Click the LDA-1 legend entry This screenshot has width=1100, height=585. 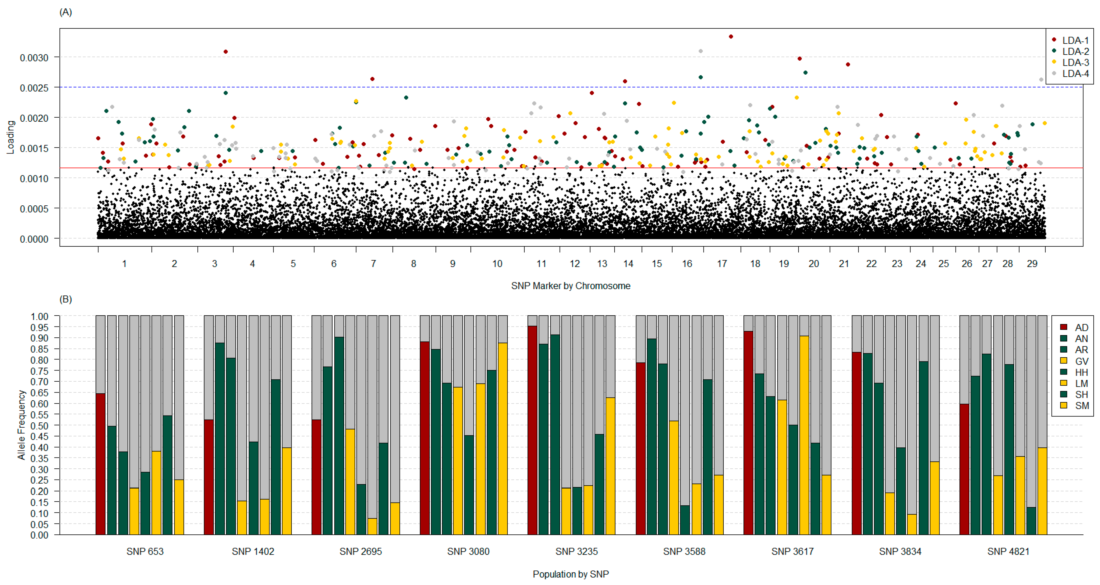(x=1075, y=40)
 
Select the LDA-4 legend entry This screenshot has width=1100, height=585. (x=1075, y=73)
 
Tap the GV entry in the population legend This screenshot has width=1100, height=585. (x=1081, y=361)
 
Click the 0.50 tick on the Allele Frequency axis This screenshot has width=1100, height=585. (x=39, y=425)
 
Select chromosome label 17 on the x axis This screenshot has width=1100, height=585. (x=722, y=264)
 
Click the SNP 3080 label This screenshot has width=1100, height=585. (x=468, y=551)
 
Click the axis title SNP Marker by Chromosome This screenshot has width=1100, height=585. (x=570, y=286)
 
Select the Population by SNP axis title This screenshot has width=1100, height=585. (x=570, y=574)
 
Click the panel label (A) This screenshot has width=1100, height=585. (x=65, y=12)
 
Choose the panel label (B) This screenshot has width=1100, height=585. (x=65, y=299)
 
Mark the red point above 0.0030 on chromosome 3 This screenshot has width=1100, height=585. (x=225, y=52)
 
